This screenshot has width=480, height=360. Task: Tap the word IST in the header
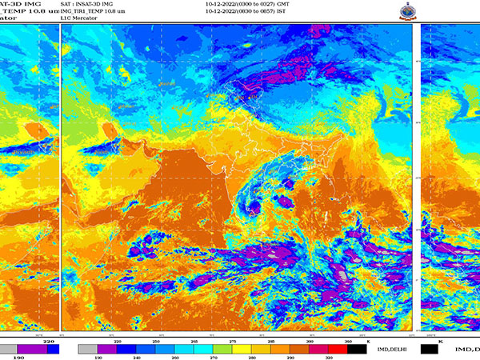[x=281, y=13]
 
